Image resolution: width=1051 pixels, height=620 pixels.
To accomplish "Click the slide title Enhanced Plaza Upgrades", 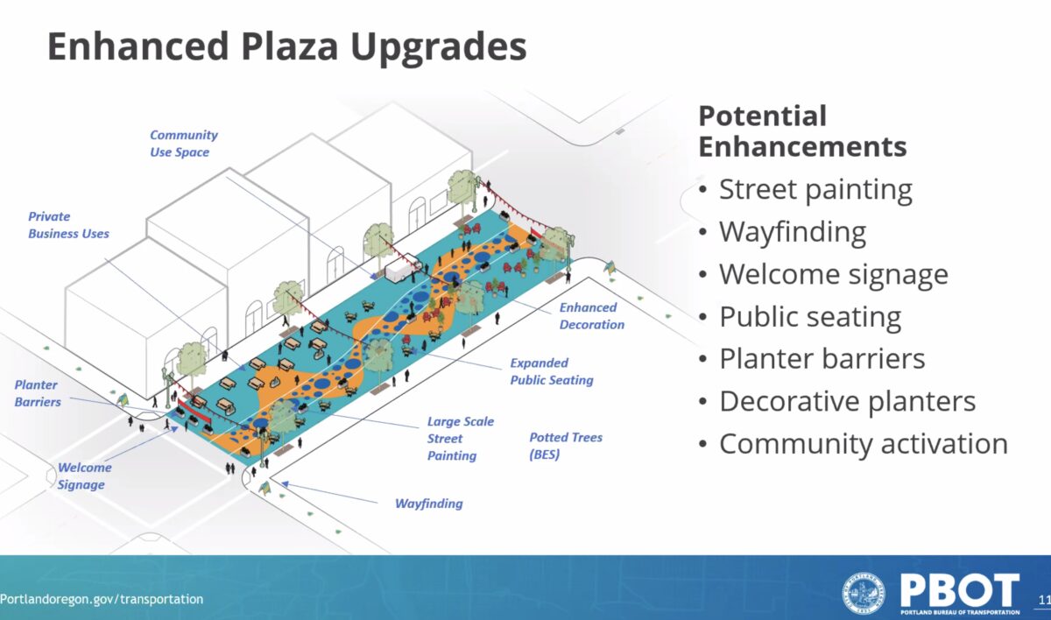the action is pyautogui.click(x=286, y=48).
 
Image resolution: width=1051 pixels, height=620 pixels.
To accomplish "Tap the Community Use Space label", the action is pyautogui.click(x=183, y=144).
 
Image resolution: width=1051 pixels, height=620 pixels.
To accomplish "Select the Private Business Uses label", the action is pyautogui.click(x=68, y=225).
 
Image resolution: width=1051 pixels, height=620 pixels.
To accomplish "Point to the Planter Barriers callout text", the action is pyautogui.click(x=37, y=393).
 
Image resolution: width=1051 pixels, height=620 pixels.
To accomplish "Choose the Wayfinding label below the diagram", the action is pyautogui.click(x=429, y=504).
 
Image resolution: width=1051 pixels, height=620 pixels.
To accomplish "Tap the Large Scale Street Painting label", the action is pyautogui.click(x=461, y=439).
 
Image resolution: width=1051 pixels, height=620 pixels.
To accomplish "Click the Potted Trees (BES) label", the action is pyautogui.click(x=566, y=446).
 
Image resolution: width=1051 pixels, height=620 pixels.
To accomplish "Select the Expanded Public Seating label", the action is pyautogui.click(x=551, y=371).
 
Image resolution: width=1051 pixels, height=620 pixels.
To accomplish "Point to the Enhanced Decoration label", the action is pyautogui.click(x=592, y=316).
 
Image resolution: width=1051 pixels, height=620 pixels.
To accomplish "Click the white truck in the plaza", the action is pyautogui.click(x=404, y=268).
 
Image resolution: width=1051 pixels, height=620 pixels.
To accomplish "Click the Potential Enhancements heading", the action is pyautogui.click(x=802, y=131).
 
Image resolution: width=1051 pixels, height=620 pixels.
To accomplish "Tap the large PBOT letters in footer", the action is pyautogui.click(x=959, y=590).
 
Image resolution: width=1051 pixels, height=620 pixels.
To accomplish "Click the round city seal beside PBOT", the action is pyautogui.click(x=864, y=593).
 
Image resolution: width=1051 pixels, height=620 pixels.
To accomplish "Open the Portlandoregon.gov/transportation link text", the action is pyautogui.click(x=102, y=599).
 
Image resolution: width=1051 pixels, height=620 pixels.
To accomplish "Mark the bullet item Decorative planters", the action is pyautogui.click(x=848, y=402).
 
